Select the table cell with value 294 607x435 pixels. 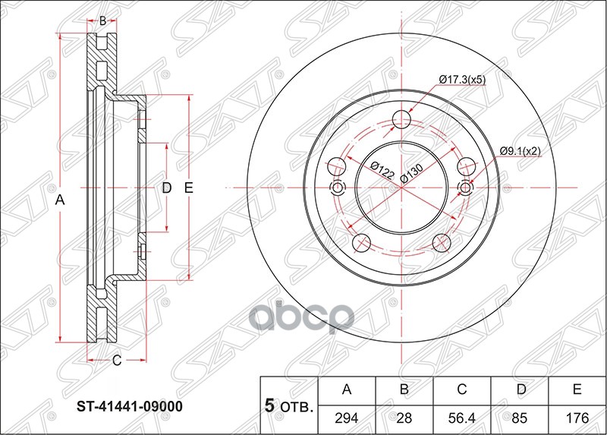click(348, 418)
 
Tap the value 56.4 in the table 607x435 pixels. click(461, 418)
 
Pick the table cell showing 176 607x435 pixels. click(577, 418)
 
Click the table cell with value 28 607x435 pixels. click(404, 418)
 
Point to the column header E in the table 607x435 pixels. click(577, 391)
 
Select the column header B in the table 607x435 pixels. click(404, 391)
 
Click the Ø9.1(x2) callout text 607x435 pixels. click(520, 150)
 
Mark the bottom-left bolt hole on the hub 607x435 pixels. click(362, 242)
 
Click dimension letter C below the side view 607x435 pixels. click(116, 361)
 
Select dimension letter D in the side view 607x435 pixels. click(168, 188)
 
